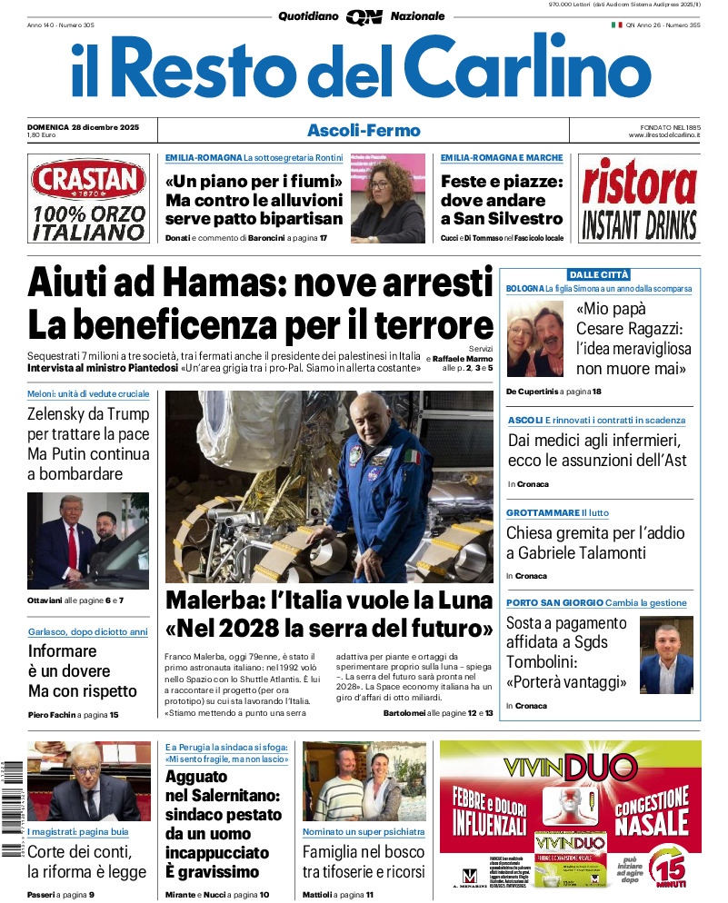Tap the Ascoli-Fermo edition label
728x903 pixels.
[x=364, y=130]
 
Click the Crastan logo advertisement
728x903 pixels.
[x=88, y=199]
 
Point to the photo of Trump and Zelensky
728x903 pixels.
[x=88, y=541]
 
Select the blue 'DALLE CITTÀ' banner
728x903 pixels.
[x=599, y=274]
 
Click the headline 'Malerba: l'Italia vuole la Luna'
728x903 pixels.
[x=328, y=601]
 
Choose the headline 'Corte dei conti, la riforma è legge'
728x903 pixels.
[x=86, y=862]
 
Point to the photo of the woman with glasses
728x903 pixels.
[x=387, y=197]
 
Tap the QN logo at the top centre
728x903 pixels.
[x=364, y=16]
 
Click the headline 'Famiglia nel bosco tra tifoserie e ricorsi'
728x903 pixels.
[x=364, y=862]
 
